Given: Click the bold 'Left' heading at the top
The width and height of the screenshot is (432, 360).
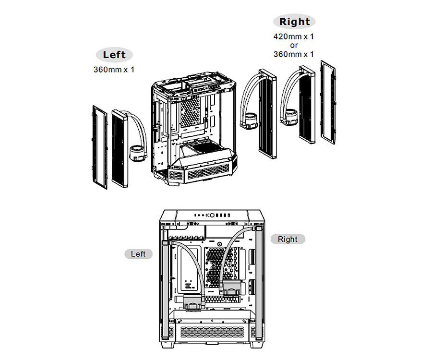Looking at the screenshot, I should point(114,55).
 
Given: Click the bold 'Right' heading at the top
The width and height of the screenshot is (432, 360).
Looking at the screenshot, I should point(294,22).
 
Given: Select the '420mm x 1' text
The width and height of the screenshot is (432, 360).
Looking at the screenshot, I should point(294,36).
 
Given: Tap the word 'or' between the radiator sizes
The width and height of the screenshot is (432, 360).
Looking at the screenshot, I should point(294,45).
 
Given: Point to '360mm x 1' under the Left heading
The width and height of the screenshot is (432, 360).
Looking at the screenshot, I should point(114,70).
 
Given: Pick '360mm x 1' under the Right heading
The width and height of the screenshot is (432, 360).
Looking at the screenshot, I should point(294,54).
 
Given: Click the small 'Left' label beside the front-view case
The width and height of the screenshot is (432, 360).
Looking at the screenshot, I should point(138,253).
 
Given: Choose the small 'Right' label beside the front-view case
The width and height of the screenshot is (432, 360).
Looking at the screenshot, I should point(288,239).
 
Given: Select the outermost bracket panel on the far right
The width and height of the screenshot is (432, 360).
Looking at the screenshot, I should point(328,102).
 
